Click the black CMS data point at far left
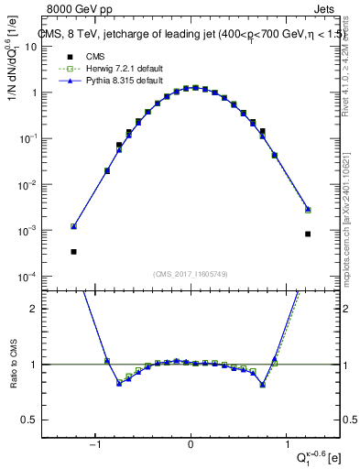tap(73, 251)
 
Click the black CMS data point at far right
tap(308, 234)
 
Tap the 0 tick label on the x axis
tap(191, 445)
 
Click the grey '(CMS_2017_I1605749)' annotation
tap(191, 273)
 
